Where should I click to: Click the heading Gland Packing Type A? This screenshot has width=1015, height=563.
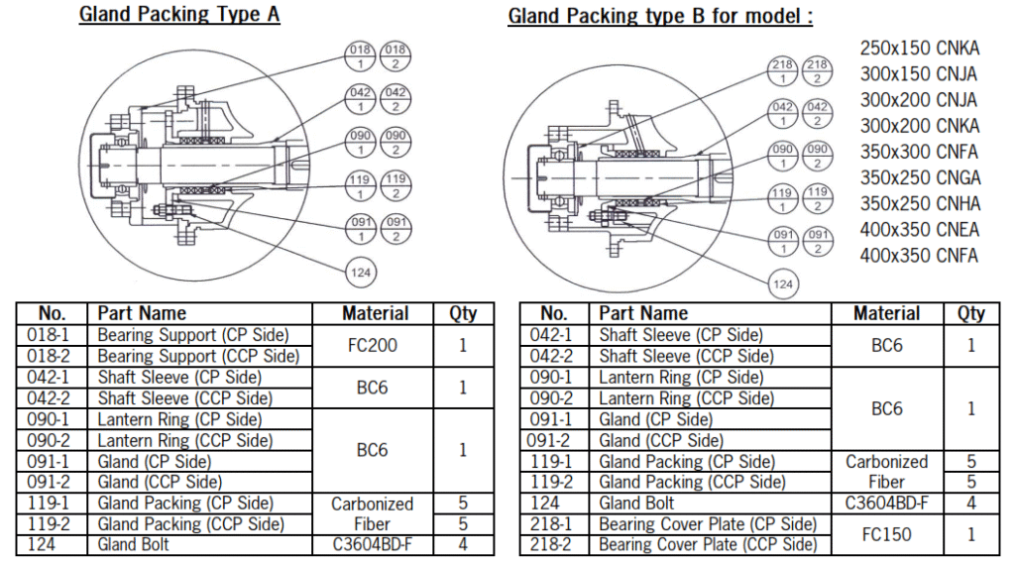pos(178,15)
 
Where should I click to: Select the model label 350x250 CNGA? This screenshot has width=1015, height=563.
pos(920,177)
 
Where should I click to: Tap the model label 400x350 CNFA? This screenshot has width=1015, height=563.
pos(919,256)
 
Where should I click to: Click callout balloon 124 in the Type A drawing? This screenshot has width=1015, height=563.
pos(361,271)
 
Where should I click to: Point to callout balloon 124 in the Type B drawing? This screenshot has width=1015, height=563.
pos(783,283)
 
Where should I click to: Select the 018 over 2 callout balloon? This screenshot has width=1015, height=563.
pos(395,54)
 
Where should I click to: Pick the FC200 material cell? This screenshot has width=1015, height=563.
pos(373,346)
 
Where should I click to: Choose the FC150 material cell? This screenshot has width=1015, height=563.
pos(886,534)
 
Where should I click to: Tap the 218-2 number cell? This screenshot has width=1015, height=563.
pos(551,545)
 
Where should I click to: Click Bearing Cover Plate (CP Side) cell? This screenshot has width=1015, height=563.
pos(708,524)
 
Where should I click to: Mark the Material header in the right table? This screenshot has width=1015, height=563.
pos(886,313)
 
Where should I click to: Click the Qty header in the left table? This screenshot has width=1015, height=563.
pos(463,313)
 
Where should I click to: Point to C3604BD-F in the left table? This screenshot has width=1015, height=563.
pos(373,545)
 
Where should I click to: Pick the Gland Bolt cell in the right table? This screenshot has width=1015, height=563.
pos(636,504)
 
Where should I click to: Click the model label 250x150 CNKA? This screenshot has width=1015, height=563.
pos(920,48)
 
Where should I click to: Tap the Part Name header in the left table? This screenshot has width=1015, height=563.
pos(142,313)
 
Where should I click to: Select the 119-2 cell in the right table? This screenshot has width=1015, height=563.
pos(551,483)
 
